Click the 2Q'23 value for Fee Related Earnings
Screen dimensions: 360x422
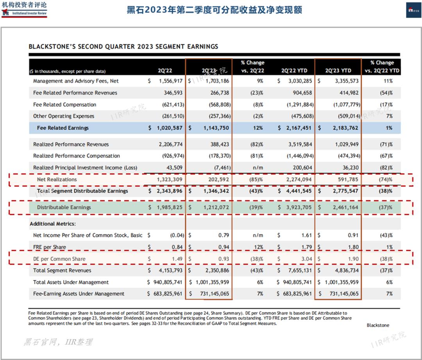[x=213, y=128]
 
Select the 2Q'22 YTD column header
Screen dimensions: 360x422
[x=294, y=71]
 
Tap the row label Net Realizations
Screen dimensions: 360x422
[x=57, y=179]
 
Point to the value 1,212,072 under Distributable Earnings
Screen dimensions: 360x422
[x=213, y=207]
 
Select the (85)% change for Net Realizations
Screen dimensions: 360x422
[x=257, y=179]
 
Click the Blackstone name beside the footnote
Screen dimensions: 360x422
[x=378, y=325]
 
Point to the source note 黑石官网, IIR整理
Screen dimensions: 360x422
[x=58, y=342]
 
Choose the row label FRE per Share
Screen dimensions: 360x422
[x=50, y=247]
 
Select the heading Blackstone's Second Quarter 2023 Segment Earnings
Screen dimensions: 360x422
[x=123, y=46]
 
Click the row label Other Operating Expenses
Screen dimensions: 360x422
[x=64, y=116]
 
